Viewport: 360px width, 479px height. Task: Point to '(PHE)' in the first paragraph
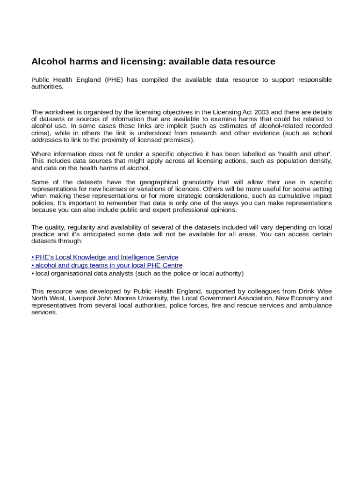[114, 80]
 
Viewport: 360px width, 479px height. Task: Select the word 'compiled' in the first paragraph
[154, 80]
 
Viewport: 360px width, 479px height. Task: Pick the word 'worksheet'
[59, 112]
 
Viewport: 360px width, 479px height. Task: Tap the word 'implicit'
[182, 126]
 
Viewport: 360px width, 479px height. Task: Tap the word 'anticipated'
[101, 234]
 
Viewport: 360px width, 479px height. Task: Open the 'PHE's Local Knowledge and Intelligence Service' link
[105, 257]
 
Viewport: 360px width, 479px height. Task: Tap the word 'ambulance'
[316, 305]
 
